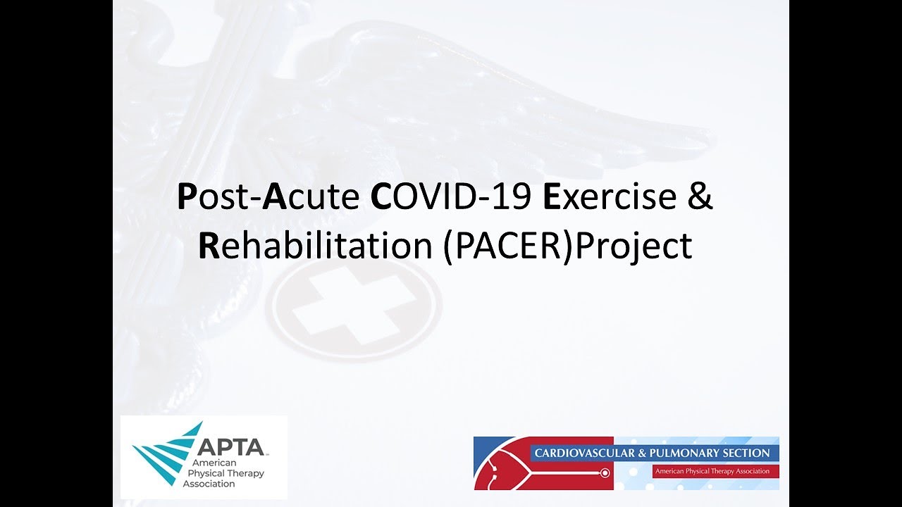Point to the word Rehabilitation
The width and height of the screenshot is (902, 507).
click(x=315, y=246)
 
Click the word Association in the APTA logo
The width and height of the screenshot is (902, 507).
click(x=209, y=484)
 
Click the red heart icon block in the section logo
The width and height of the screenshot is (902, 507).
click(x=502, y=463)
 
